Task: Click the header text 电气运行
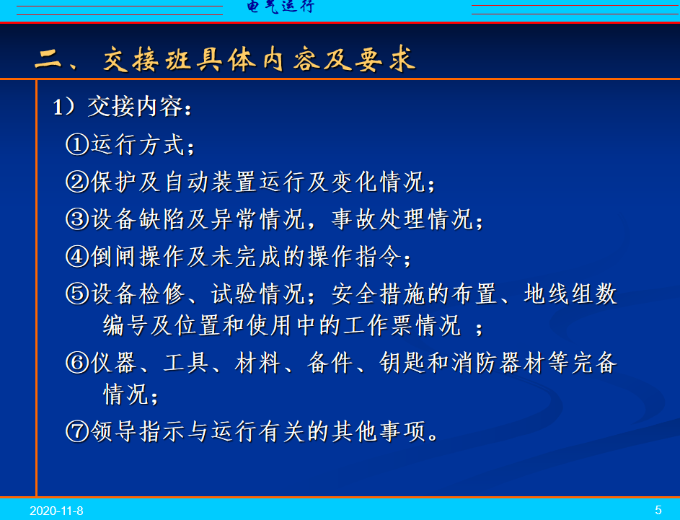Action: click(281, 6)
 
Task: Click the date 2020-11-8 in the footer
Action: click(56, 511)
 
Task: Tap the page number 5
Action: click(658, 510)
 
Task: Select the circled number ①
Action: click(77, 144)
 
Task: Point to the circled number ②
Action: click(77, 182)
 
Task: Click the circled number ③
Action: click(77, 219)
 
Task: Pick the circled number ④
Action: click(77, 256)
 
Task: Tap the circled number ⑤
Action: click(77, 294)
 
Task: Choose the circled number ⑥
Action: click(77, 363)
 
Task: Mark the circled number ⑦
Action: click(77, 431)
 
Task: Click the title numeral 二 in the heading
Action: click(48, 58)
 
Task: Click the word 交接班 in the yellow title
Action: click(147, 58)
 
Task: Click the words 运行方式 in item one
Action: click(138, 144)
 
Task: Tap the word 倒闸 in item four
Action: click(113, 256)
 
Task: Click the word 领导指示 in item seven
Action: click(138, 431)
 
